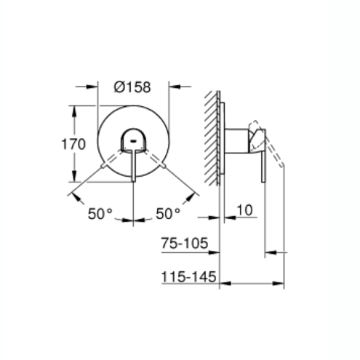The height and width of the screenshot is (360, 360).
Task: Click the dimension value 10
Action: point(244,211)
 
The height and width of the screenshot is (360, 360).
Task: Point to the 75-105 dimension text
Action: point(185,244)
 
